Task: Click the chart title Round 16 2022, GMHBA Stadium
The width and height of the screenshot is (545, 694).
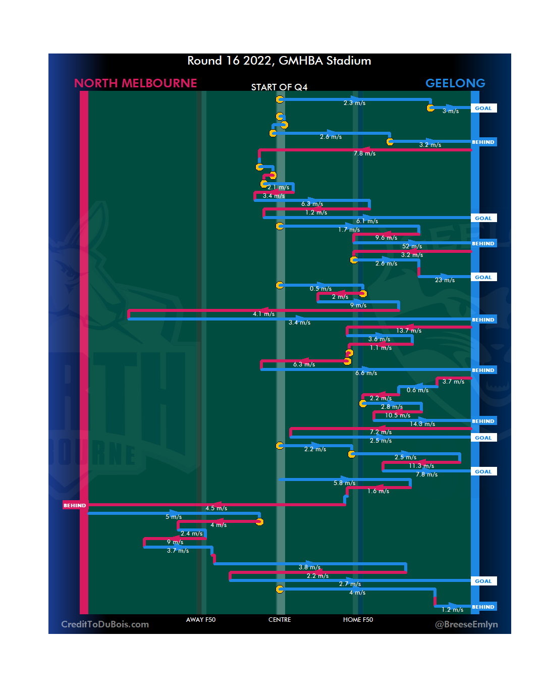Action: pyautogui.click(x=279, y=61)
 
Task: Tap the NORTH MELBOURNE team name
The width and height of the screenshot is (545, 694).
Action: pyautogui.click(x=135, y=83)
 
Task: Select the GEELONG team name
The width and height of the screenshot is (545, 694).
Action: pyautogui.click(x=455, y=83)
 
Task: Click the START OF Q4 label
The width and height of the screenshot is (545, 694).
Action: pyautogui.click(x=279, y=87)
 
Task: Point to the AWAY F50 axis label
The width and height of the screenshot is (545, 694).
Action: pyautogui.click(x=200, y=620)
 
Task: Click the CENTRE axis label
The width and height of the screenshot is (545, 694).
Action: pyautogui.click(x=280, y=620)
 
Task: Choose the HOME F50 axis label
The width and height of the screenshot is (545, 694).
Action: pyautogui.click(x=358, y=620)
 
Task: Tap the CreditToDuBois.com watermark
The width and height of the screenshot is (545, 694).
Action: pyautogui.click(x=105, y=624)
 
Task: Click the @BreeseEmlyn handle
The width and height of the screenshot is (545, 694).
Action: pyautogui.click(x=466, y=624)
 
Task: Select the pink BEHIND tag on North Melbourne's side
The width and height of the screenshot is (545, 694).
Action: pyautogui.click(x=75, y=505)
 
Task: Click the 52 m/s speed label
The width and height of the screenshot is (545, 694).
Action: pyautogui.click(x=412, y=246)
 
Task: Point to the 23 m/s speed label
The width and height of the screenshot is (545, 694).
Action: pyautogui.click(x=445, y=280)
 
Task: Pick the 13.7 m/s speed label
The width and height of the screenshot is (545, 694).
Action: pyautogui.click(x=408, y=331)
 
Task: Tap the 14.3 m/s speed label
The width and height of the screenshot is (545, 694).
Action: pyautogui.click(x=422, y=424)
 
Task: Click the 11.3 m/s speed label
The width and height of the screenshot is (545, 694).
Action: pyautogui.click(x=421, y=466)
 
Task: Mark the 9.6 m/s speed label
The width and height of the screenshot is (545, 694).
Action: pyautogui.click(x=386, y=238)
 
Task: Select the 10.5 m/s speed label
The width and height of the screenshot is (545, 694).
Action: pyautogui.click(x=398, y=415)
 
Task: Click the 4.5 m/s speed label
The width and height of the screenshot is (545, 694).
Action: pyautogui.click(x=216, y=508)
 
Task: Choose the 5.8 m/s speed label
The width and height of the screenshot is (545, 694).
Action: pyautogui.click(x=344, y=483)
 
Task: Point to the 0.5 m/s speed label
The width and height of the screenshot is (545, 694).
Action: pyautogui.click(x=320, y=289)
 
